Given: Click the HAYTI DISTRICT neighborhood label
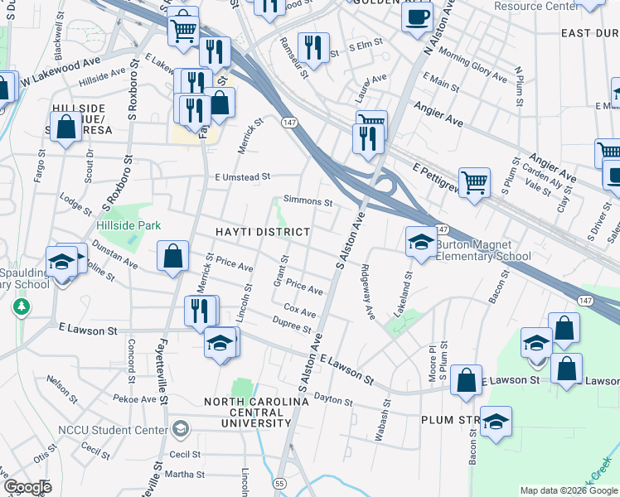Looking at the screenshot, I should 263,232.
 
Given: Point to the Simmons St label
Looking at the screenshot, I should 308,201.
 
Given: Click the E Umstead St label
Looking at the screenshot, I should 242,176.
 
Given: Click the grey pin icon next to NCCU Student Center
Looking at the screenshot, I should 180,428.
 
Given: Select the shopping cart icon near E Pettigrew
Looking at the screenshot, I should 475,181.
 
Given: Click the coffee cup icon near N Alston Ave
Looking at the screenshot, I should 417,15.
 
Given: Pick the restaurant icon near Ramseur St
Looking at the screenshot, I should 313,46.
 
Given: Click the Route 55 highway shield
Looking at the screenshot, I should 279,483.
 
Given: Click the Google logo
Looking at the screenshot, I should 27,486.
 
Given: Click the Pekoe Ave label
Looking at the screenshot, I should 136,399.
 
